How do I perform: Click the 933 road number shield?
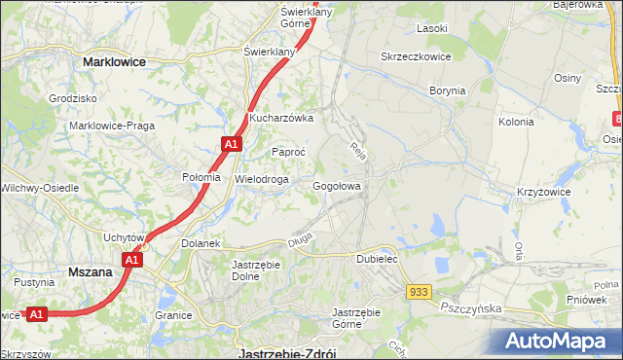coord(420,292)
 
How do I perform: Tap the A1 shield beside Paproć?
coord(230,144)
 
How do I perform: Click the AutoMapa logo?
coord(556,342)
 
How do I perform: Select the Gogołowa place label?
coord(338,186)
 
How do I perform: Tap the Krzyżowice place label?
coord(543,193)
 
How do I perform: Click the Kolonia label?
coord(516,123)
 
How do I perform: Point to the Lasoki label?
coord(431,28)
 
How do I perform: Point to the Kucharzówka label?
coord(280,118)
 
